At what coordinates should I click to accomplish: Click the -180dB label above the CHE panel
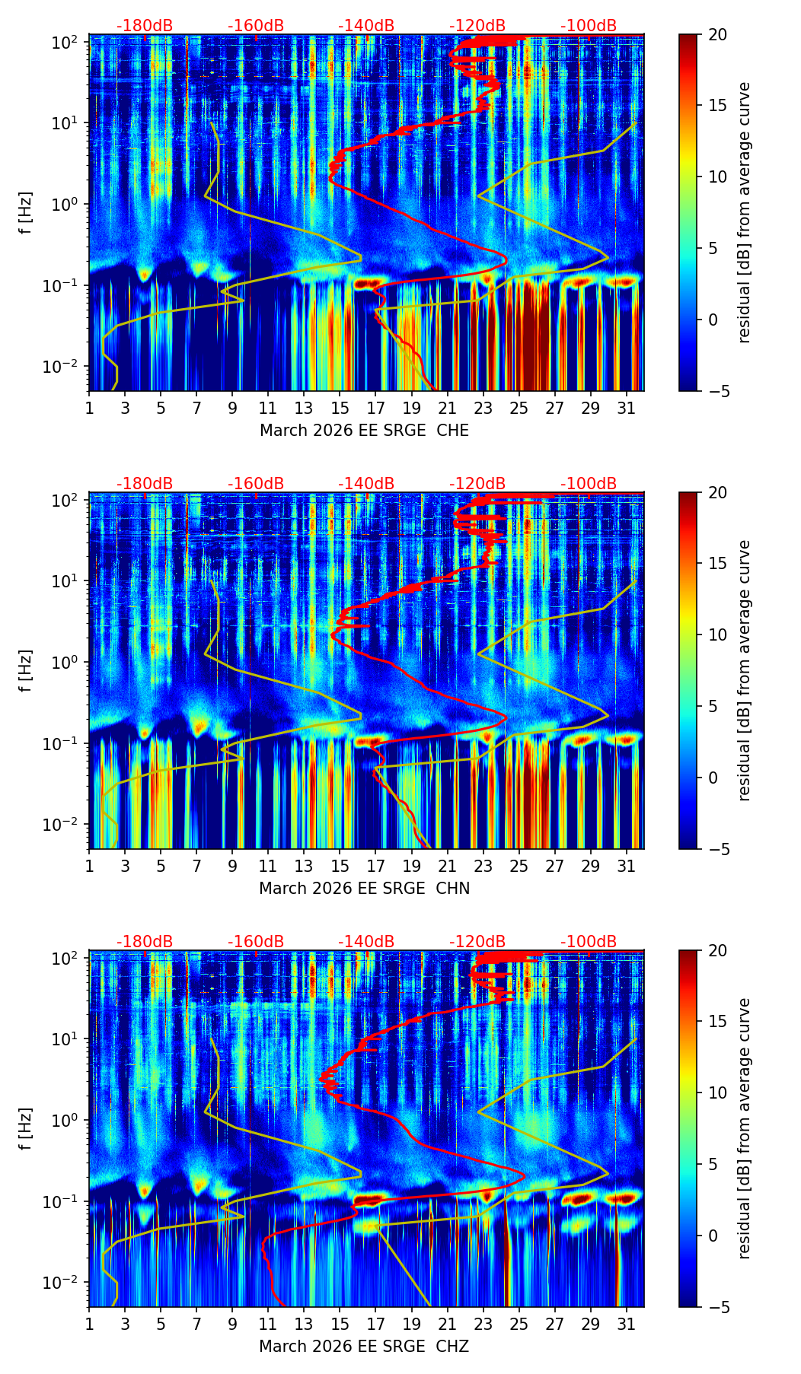point(145,26)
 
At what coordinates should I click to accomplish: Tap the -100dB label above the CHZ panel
point(589,942)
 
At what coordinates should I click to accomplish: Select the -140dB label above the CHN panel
point(366,484)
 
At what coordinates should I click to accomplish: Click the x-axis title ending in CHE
point(364,431)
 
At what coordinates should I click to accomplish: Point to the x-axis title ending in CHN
point(364,889)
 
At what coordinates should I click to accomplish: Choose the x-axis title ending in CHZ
point(364,1347)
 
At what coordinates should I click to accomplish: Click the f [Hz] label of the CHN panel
point(26,670)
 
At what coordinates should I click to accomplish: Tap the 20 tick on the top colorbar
point(717,34)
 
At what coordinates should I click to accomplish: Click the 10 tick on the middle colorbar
point(717,635)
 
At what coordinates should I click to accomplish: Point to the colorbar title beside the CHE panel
point(744,212)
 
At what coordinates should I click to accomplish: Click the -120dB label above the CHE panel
point(477,26)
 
